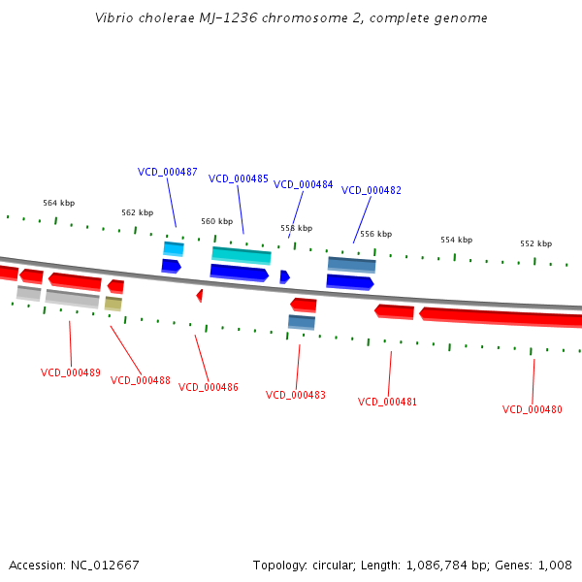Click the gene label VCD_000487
(x=167, y=172)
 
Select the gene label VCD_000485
(x=239, y=178)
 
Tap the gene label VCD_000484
(x=303, y=184)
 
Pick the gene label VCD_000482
(x=372, y=190)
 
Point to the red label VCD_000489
(x=70, y=372)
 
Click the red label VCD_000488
(x=141, y=380)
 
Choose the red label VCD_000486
(x=209, y=387)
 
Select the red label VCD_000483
(x=296, y=395)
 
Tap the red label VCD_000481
(x=388, y=402)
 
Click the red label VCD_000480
(x=532, y=409)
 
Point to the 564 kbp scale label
(x=58, y=204)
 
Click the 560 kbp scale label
(x=216, y=221)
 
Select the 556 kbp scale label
(x=375, y=234)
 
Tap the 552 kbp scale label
(x=535, y=244)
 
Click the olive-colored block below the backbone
(x=113, y=304)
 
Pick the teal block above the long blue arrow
(x=242, y=255)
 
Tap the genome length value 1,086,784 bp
(x=477, y=565)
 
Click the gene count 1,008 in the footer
(x=556, y=565)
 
